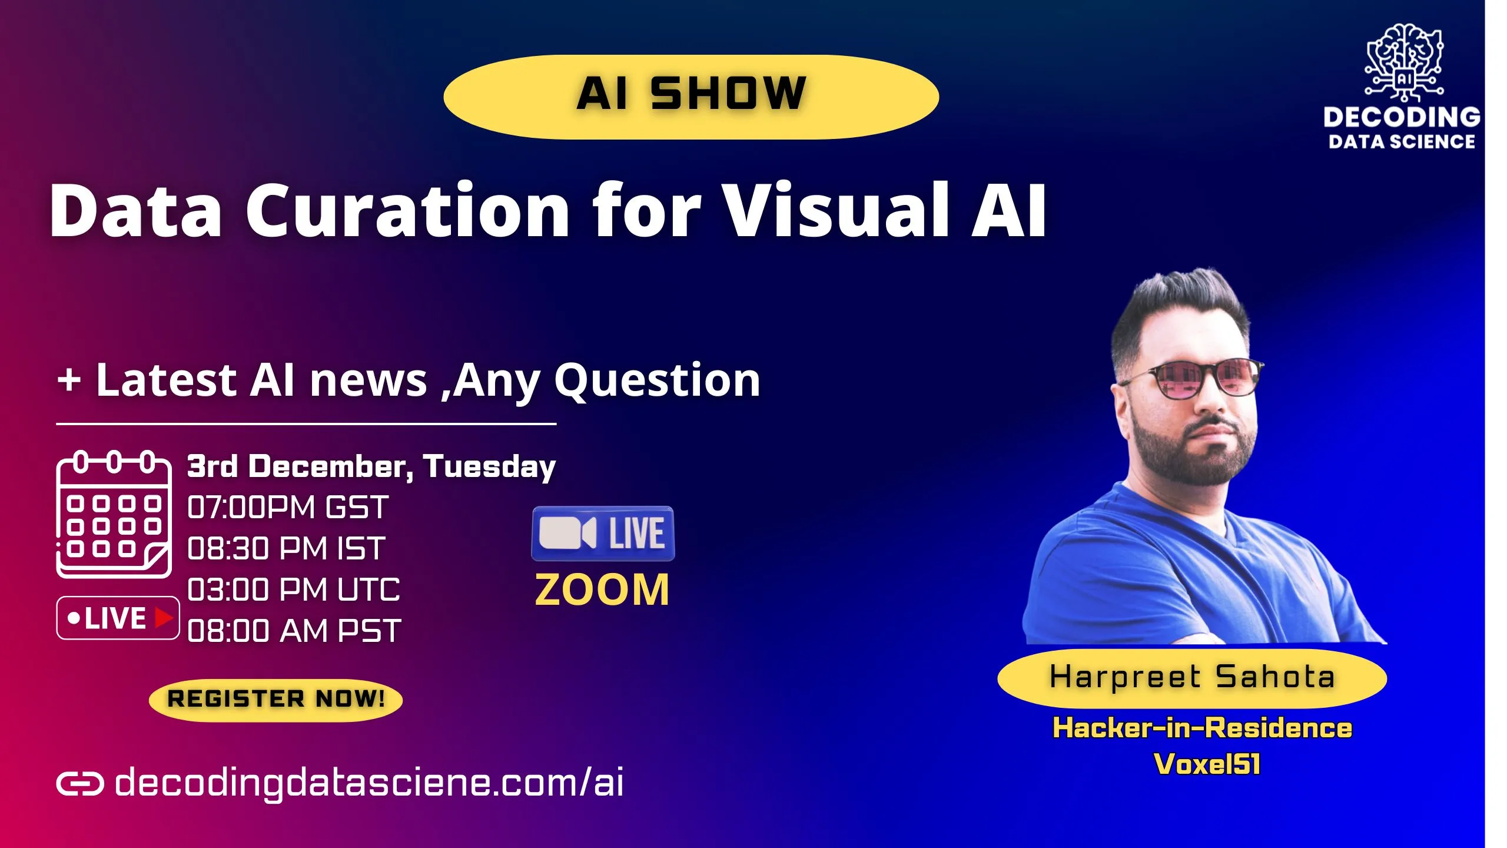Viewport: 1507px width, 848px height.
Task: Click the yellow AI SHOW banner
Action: tap(691, 97)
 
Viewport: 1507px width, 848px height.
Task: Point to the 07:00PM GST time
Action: tap(287, 507)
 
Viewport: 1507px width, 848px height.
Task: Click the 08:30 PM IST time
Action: tap(286, 548)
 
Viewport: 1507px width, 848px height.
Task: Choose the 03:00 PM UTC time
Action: tap(293, 589)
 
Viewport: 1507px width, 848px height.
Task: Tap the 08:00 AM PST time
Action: tap(294, 631)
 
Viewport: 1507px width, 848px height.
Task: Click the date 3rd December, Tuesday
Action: tap(371, 466)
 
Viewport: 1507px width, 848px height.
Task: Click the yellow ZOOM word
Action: tap(602, 590)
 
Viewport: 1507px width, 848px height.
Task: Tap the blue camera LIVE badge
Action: tap(603, 534)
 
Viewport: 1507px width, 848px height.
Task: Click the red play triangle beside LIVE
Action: tap(163, 618)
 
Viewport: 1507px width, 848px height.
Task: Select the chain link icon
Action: tap(80, 784)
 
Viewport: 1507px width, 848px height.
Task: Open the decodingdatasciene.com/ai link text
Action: tap(369, 783)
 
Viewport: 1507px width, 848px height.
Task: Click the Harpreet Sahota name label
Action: tap(1192, 677)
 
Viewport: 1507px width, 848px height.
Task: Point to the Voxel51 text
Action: tap(1207, 764)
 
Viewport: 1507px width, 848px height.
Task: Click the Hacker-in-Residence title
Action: tap(1202, 728)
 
